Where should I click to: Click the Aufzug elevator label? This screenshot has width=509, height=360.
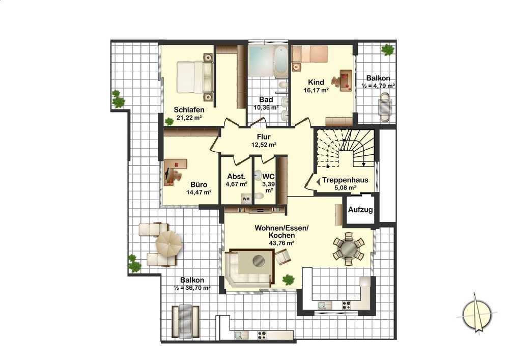(x=360, y=210)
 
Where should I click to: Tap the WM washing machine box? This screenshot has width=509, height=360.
(x=246, y=199)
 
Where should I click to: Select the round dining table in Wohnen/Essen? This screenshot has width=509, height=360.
(x=349, y=248)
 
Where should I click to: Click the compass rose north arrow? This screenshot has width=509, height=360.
(x=476, y=313)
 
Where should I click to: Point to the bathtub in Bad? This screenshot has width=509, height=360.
(x=280, y=61)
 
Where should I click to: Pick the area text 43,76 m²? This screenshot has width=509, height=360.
(x=281, y=242)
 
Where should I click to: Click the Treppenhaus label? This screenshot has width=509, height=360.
(x=345, y=180)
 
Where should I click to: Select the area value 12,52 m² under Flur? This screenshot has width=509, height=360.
(x=264, y=145)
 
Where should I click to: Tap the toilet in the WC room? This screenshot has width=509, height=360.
(x=259, y=196)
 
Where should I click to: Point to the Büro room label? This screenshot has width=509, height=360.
(x=199, y=185)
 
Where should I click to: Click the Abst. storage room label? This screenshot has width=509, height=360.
(x=236, y=177)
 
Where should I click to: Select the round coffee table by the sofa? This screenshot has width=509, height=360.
(x=259, y=260)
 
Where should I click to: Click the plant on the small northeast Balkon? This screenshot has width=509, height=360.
(x=387, y=50)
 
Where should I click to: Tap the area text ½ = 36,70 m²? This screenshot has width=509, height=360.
(x=192, y=288)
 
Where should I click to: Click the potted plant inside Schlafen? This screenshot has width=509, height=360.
(x=169, y=121)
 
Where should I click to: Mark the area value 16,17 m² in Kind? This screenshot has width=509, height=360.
(x=316, y=90)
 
